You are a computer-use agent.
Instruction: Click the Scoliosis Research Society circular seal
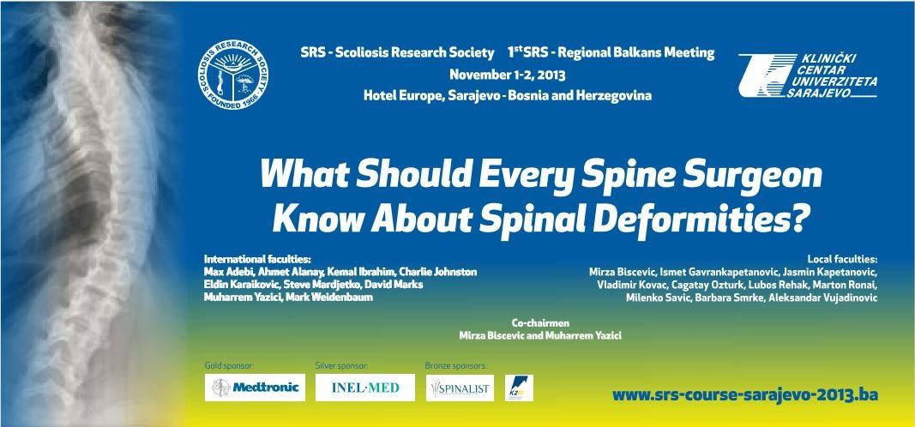tap(233, 74)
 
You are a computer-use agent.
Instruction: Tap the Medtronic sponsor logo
tap(255, 388)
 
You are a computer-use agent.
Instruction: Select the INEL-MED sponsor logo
tap(365, 388)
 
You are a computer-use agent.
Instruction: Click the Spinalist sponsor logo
tap(460, 388)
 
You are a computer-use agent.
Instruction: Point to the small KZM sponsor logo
tap(519, 388)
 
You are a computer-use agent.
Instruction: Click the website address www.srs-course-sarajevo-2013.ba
tap(744, 395)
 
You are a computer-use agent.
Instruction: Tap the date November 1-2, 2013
tap(507, 75)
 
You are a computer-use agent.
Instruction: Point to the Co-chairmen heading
tap(540, 322)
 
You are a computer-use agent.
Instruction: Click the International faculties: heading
tap(257, 258)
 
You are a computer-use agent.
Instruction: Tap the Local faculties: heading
tap(842, 259)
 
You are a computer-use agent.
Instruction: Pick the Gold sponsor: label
tap(229, 366)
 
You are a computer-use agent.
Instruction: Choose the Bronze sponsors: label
tap(455, 366)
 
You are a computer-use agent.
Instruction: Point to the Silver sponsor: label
tap(341, 366)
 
